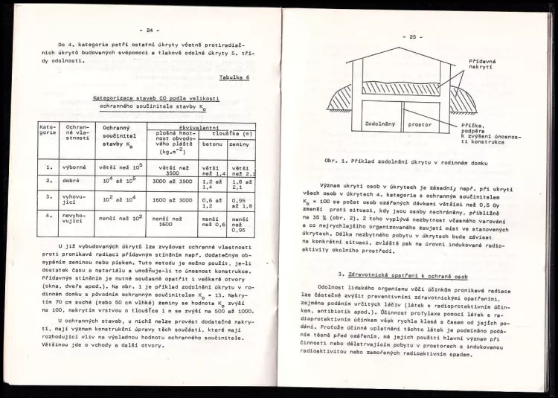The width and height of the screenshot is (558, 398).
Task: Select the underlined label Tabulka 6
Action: (234, 77)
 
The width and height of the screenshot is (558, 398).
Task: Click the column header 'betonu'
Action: (213, 143)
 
